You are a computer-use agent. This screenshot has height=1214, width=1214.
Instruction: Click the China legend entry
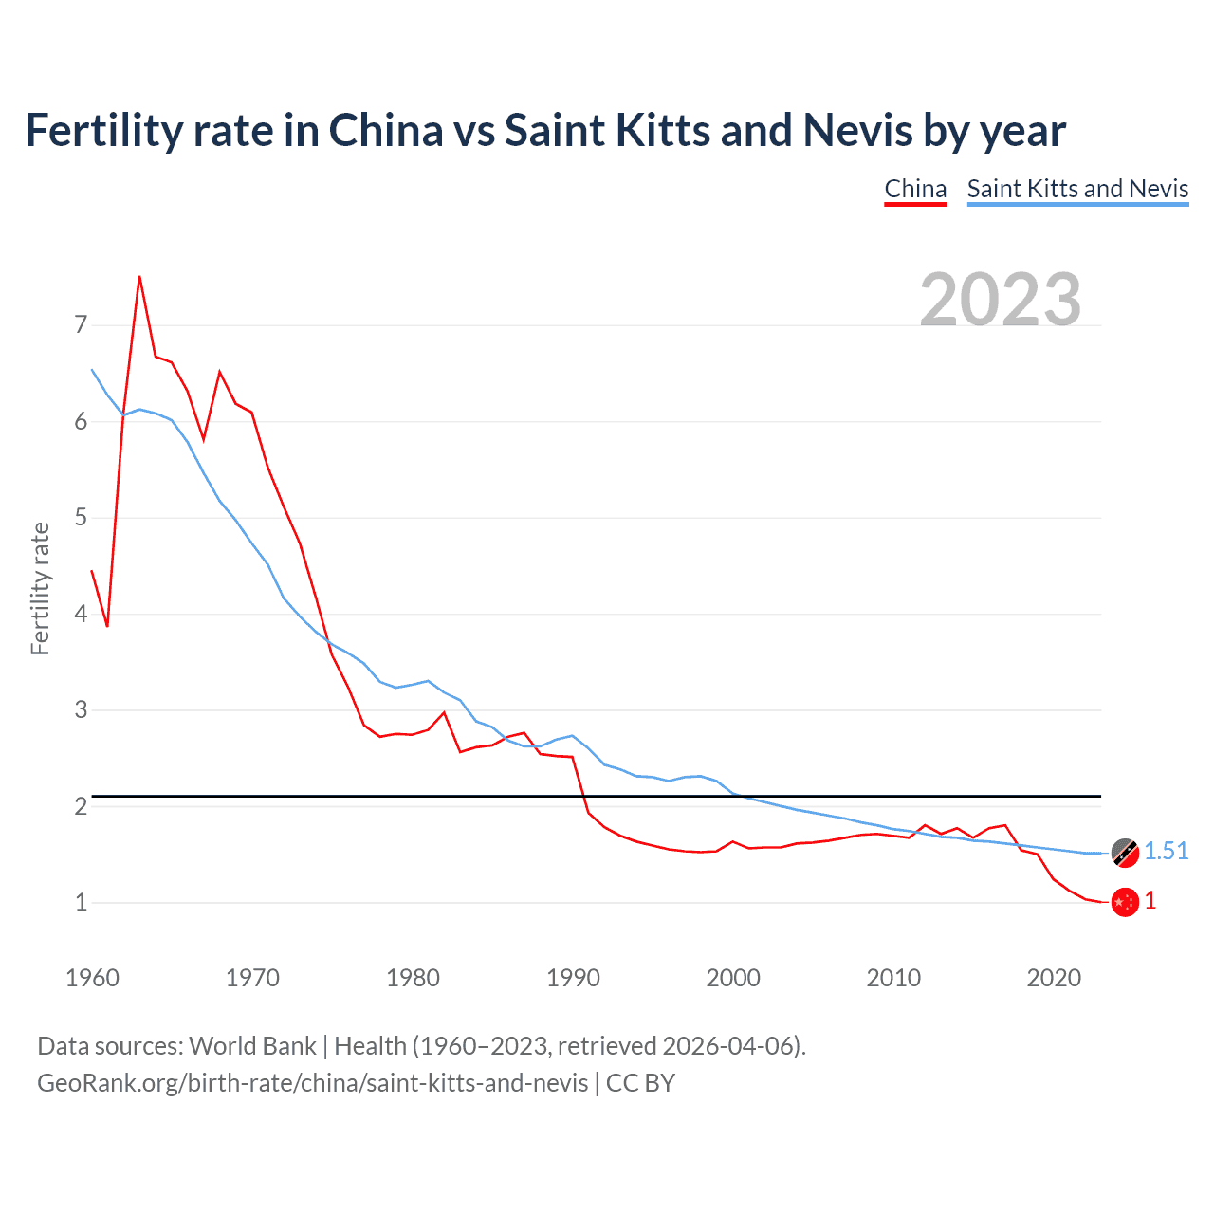915,189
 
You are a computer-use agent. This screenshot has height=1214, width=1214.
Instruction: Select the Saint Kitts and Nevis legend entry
1077,189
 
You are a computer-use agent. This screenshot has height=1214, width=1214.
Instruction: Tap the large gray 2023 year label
1001,300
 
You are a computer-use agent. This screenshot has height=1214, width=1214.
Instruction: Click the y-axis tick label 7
81,325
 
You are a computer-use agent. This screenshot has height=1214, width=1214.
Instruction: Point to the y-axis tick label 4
81,614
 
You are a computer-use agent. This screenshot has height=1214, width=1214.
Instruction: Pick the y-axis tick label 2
81,806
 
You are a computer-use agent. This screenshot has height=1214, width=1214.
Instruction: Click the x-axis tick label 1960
92,978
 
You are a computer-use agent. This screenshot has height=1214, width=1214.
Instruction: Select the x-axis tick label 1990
573,978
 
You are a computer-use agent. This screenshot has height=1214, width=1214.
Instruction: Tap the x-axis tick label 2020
1054,978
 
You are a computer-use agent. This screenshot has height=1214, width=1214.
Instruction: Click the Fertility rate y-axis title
40,588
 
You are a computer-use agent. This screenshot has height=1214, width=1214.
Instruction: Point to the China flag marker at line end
1125,902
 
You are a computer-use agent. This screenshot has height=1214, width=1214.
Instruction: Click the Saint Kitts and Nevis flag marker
1125,852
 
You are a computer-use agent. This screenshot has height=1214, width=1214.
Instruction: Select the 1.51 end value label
1166,851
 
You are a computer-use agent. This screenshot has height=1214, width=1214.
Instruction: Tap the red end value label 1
1150,901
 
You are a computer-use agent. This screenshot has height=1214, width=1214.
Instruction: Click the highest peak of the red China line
139,277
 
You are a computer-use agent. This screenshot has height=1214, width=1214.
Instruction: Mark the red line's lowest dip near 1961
107,626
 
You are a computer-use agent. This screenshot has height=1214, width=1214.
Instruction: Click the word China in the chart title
386,130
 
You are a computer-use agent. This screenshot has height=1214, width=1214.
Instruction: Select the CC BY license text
640,1083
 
